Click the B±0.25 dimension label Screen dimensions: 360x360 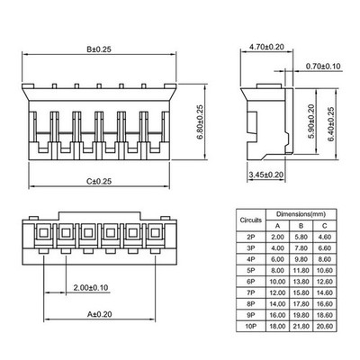coord(99,49)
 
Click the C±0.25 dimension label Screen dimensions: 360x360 coord(99,181)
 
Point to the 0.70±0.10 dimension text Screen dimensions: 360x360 coord(323,67)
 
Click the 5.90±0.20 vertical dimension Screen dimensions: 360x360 coord(311,121)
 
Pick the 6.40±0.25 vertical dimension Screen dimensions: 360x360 coord(330,124)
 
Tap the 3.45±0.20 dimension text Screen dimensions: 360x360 coord(266,175)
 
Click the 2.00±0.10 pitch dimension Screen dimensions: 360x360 coord(91,288)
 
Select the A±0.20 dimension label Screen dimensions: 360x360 coord(99,314)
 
